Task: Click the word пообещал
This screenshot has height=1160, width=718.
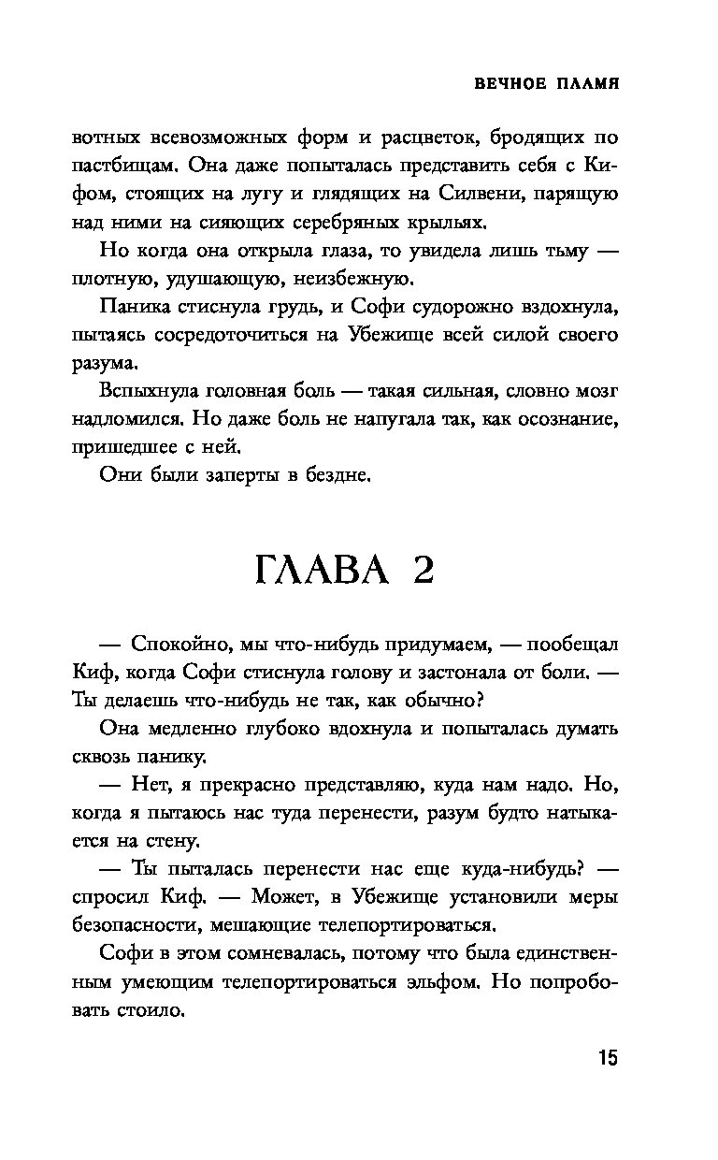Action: pos(571,645)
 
